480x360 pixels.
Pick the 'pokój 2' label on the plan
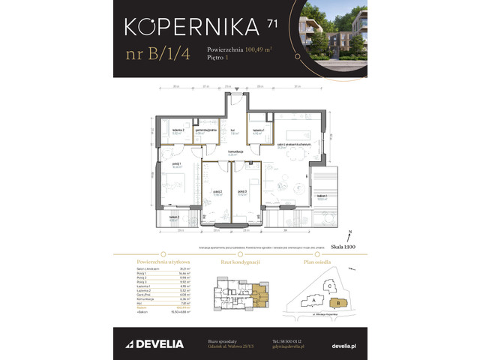[x=217, y=191]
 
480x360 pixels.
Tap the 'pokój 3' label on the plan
[x=242, y=191]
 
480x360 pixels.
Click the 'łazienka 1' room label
[x=259, y=130]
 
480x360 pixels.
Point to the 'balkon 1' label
[x=322, y=198]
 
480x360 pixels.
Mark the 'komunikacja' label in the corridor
[x=236, y=151]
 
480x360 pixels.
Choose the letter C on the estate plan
[x=329, y=284]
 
